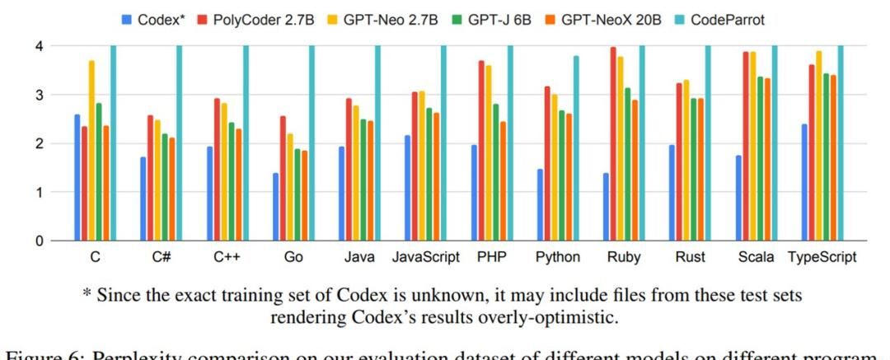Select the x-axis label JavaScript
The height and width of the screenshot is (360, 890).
click(426, 257)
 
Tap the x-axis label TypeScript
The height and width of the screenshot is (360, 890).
click(821, 257)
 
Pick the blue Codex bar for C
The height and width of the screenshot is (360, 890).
click(77, 177)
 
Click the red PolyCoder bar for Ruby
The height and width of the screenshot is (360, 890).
click(613, 144)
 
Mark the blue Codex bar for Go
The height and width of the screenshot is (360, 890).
click(276, 207)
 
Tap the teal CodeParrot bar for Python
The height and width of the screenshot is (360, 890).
click(575, 148)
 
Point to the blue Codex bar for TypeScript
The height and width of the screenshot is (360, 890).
click(804, 182)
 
